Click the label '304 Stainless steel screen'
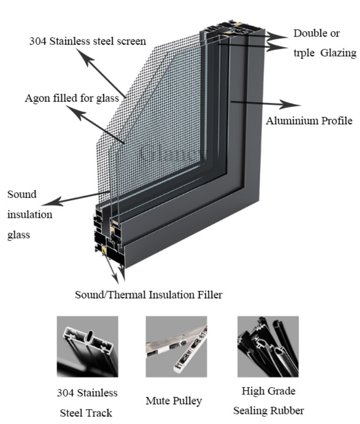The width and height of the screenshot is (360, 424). coord(86,41)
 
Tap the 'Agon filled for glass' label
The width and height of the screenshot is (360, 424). coord(72,99)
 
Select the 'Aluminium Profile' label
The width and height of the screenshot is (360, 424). coord(310,120)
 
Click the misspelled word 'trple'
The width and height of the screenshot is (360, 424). coord(305,53)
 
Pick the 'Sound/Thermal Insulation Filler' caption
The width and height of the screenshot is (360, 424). coord(148,295)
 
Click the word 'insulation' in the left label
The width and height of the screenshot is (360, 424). coord(30,214)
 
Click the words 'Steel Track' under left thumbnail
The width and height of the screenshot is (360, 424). coord(86,412)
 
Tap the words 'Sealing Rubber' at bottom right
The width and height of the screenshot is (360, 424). coord(268,411)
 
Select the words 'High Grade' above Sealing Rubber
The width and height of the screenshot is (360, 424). coord(268,391)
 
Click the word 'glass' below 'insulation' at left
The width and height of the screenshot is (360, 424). coord(18,235)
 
